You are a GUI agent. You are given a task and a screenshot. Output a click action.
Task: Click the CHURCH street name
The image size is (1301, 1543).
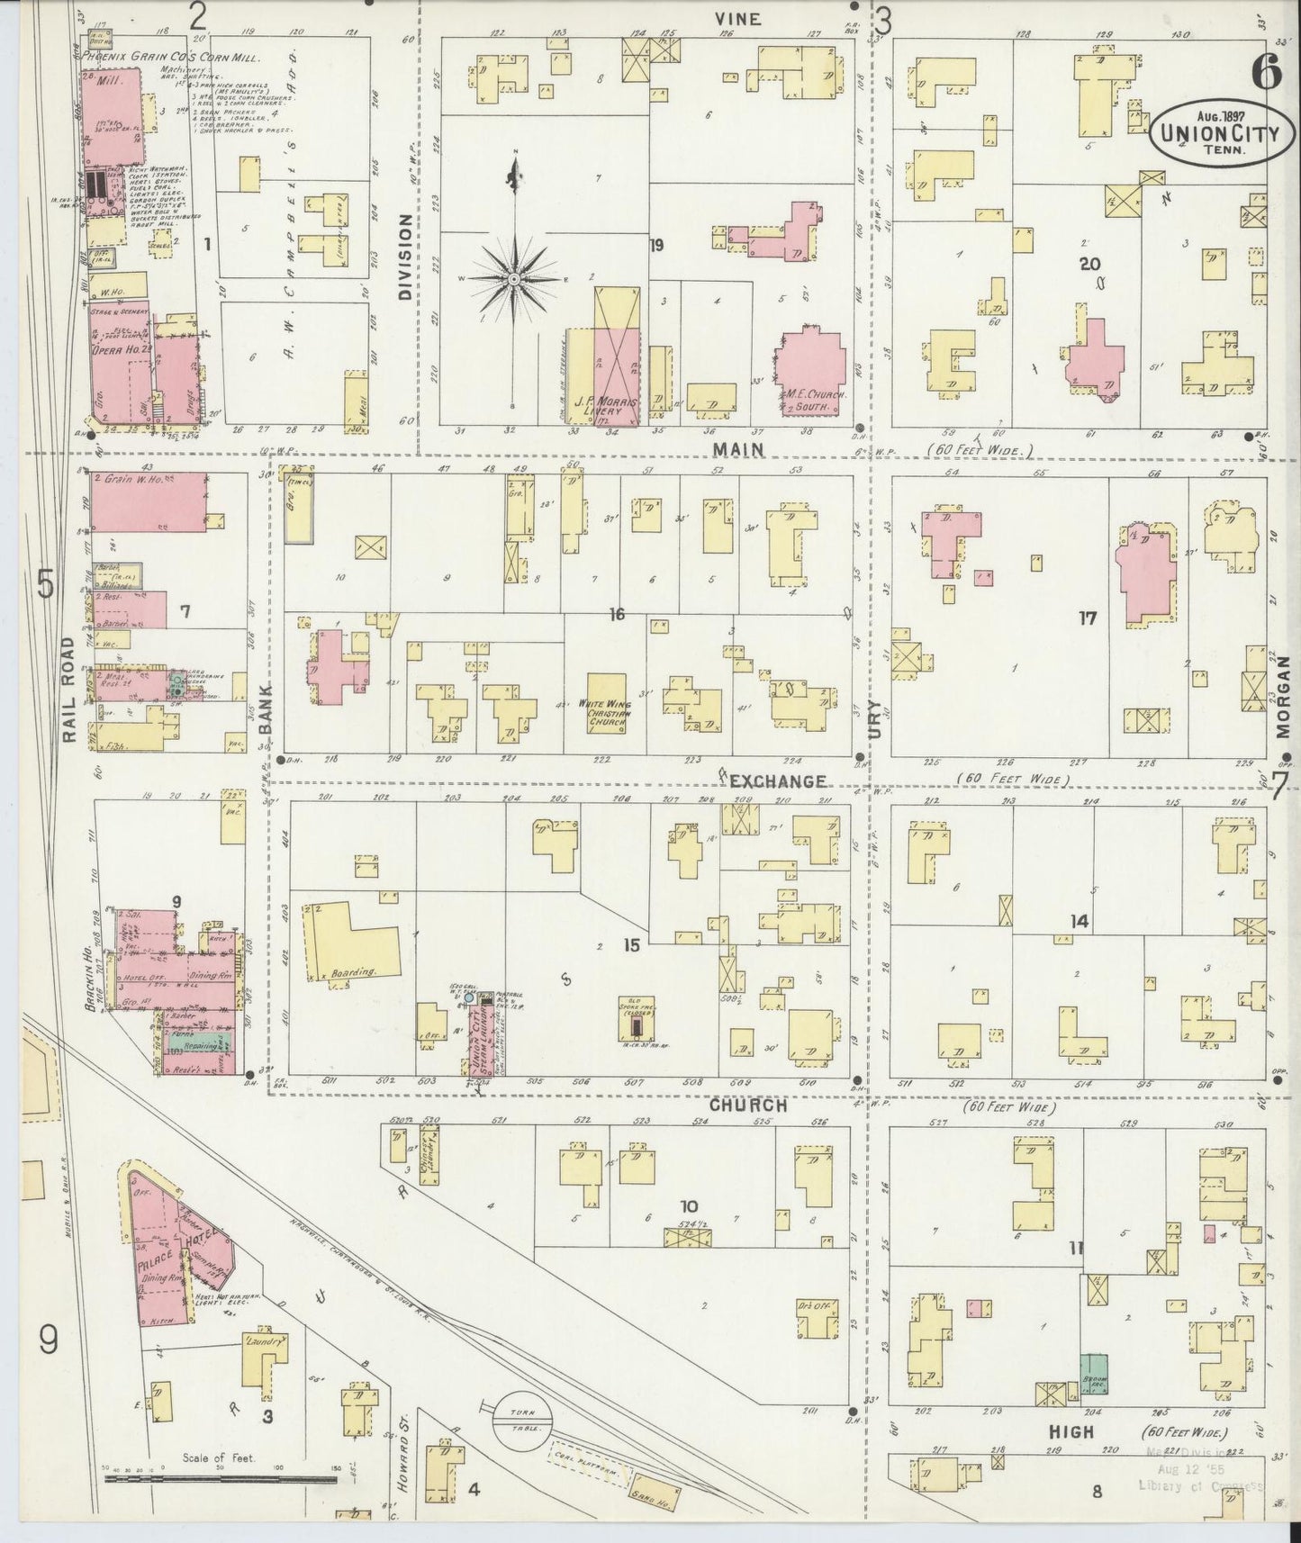[747, 1105]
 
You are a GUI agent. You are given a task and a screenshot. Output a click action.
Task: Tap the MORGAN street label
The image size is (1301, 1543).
[1281, 695]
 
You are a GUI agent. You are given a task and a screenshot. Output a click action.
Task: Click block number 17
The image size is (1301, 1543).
[1088, 618]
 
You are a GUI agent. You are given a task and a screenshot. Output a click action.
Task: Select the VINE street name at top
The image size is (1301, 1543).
[738, 18]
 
